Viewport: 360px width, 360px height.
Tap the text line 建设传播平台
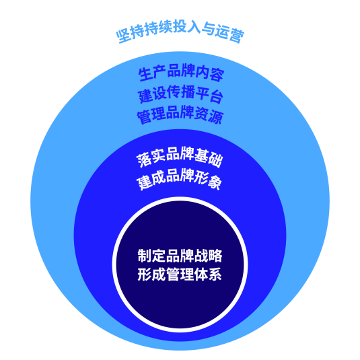[180, 94]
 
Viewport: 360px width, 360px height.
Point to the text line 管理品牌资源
[180, 114]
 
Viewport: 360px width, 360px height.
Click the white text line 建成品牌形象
[179, 178]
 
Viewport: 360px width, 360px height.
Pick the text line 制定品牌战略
[180, 256]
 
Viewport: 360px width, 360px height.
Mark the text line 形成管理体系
[180, 274]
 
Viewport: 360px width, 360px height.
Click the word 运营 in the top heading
[229, 34]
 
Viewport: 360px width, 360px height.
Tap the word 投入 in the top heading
[186, 26]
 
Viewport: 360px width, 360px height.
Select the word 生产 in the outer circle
[152, 73]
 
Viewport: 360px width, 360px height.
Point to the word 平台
[209, 95]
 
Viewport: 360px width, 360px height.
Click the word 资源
[209, 116]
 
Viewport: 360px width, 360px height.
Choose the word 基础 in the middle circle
[209, 158]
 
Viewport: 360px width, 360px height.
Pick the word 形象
[208, 180]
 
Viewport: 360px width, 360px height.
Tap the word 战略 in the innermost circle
[208, 256]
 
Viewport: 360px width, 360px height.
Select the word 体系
[208, 274]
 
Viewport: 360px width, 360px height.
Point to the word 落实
[151, 158]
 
